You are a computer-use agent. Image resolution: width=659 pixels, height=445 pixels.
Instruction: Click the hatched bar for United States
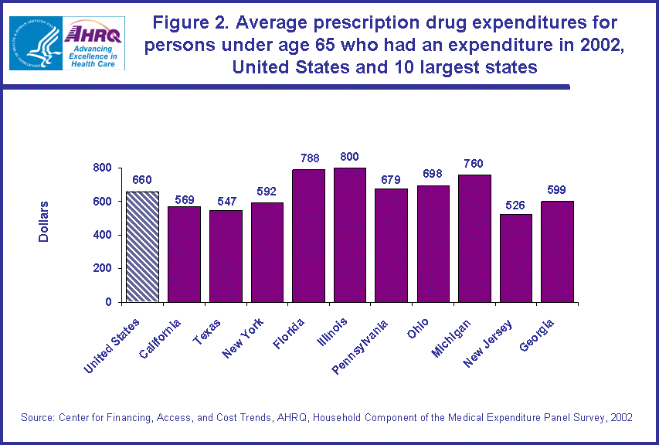click(142, 246)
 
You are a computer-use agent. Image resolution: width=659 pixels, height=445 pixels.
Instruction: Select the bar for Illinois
click(350, 234)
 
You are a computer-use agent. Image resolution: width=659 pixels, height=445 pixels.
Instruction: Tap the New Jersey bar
click(515, 257)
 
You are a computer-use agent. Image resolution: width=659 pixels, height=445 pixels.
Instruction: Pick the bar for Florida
click(308, 235)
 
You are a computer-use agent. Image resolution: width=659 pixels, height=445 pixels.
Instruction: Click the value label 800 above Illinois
click(350, 157)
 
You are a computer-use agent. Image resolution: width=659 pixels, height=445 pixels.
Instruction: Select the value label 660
click(141, 181)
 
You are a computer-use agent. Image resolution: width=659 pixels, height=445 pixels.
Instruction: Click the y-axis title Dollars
click(44, 222)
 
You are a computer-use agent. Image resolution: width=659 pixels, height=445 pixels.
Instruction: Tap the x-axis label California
click(162, 341)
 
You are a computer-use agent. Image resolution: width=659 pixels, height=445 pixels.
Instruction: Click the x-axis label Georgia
click(539, 334)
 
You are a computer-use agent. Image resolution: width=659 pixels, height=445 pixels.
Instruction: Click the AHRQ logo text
click(94, 34)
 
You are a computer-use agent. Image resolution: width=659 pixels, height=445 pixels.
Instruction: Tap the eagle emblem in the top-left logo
click(35, 43)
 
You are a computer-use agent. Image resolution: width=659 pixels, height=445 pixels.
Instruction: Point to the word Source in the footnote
click(37, 417)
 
